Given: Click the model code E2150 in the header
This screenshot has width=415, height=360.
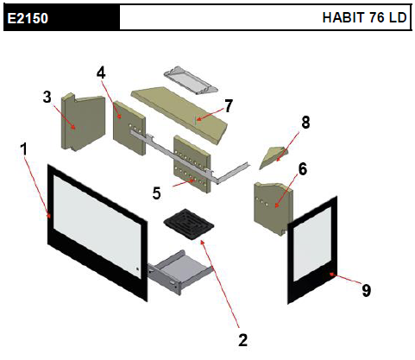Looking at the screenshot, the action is (x=28, y=18).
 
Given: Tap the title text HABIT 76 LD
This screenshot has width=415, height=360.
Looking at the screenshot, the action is (x=364, y=17).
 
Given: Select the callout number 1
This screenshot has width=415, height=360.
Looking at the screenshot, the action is (x=24, y=149).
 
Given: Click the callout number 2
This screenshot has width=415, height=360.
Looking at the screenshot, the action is (x=243, y=340).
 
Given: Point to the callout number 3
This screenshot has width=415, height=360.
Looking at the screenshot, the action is (x=47, y=97).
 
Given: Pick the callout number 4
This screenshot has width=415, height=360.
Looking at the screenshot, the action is (x=101, y=73).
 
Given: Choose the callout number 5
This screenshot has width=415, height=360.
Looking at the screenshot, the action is (x=157, y=193).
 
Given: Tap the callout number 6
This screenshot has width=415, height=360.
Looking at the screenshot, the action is (x=303, y=169).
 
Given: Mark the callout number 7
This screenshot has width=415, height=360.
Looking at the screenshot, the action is (x=229, y=106).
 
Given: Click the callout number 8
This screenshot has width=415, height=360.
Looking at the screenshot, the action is (x=305, y=123).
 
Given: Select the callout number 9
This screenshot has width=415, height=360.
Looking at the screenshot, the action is (x=366, y=290).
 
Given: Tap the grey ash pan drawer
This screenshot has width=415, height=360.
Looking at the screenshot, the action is (x=180, y=271).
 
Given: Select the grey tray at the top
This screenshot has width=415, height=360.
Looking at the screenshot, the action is (x=191, y=81).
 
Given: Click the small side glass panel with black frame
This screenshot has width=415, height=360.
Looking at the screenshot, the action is (x=312, y=249).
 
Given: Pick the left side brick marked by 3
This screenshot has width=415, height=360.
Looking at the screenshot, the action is (x=83, y=122).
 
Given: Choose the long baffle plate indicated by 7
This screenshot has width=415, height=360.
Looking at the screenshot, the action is (x=179, y=115).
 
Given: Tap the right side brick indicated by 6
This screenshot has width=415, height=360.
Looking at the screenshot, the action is (x=274, y=208).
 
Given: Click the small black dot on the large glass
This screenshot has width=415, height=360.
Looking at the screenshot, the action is (x=137, y=269).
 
